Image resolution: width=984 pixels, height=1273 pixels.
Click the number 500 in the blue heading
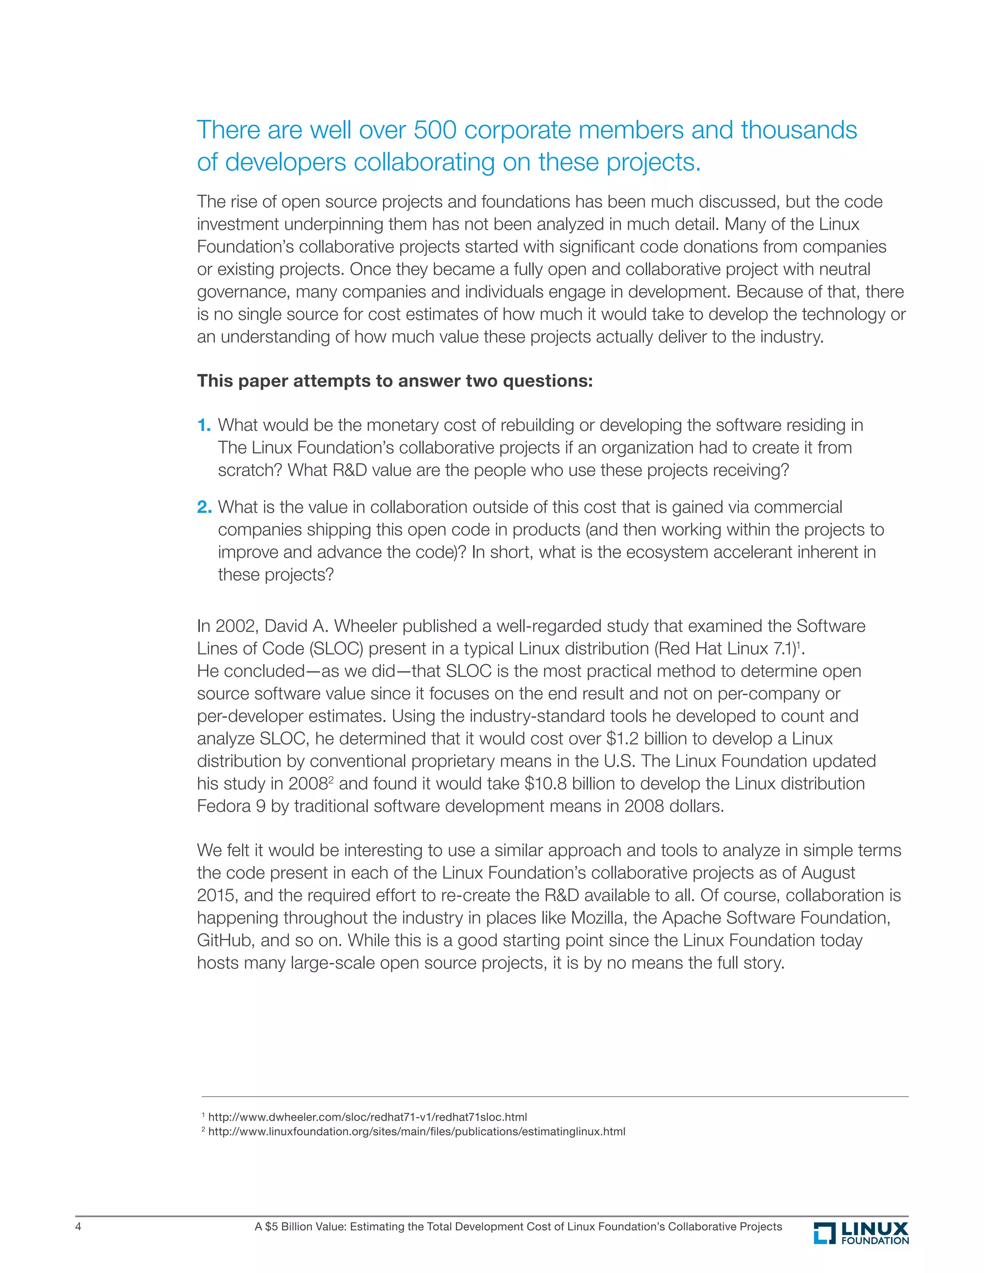tap(435, 130)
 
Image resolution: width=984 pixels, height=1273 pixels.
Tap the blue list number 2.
tap(204, 507)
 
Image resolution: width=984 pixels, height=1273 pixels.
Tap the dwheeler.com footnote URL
tap(367, 1117)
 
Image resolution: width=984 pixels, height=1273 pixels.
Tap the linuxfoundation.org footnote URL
tap(416, 1131)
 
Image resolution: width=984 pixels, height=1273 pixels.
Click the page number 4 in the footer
tap(79, 1226)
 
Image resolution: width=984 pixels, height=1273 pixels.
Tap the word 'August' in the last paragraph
tap(828, 872)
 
